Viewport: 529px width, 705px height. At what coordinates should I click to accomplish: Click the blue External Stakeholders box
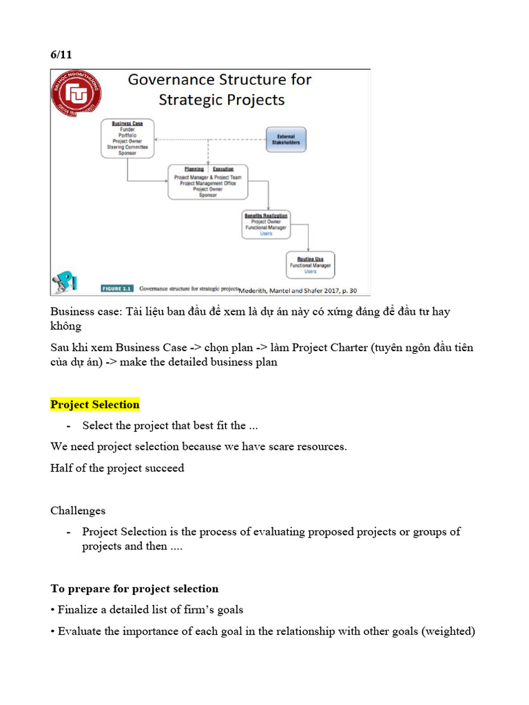coord(286,140)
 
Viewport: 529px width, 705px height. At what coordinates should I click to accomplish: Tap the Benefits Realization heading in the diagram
coord(265,215)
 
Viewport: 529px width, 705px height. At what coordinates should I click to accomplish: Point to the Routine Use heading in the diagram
coord(310,259)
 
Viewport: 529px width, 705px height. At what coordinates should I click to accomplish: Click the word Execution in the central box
coord(222,169)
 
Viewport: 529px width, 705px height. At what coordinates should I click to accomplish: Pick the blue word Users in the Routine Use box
coord(310,272)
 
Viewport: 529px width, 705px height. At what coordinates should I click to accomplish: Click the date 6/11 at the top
coord(61,55)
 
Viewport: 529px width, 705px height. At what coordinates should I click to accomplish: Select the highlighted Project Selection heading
coord(95,404)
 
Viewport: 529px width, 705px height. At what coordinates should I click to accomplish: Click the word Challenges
coord(78,511)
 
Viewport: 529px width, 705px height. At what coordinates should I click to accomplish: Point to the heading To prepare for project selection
coord(134,589)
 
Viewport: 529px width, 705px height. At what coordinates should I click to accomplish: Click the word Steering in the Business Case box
coord(118,147)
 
